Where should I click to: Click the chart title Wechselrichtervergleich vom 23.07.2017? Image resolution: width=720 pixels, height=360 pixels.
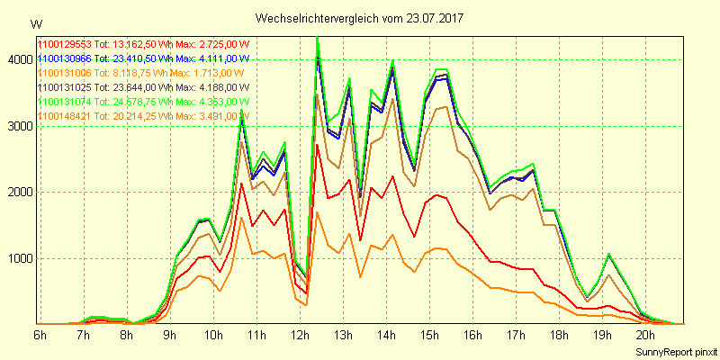(x=359, y=18)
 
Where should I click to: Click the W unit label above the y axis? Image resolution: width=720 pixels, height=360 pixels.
(x=35, y=23)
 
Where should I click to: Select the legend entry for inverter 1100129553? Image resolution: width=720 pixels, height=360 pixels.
(x=142, y=44)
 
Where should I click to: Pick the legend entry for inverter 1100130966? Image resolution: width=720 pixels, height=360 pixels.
(x=142, y=58)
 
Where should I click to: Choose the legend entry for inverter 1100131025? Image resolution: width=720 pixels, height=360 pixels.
(x=142, y=87)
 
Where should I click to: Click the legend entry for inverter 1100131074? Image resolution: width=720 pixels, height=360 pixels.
(x=142, y=102)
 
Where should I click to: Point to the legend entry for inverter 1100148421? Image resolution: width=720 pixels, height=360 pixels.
(x=142, y=116)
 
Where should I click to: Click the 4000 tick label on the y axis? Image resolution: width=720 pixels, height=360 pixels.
(x=19, y=59)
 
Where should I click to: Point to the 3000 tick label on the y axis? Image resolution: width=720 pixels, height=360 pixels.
(x=19, y=126)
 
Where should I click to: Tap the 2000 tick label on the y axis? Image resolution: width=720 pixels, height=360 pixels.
(x=19, y=192)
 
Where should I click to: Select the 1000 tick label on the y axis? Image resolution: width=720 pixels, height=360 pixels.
(x=19, y=258)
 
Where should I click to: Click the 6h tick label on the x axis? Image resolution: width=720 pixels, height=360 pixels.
(x=40, y=335)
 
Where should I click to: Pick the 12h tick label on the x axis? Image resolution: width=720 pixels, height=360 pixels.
(x=299, y=335)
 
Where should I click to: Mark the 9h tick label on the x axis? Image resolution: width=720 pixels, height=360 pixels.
(x=170, y=335)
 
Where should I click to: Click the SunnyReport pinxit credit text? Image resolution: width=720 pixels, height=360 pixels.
(x=670, y=351)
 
